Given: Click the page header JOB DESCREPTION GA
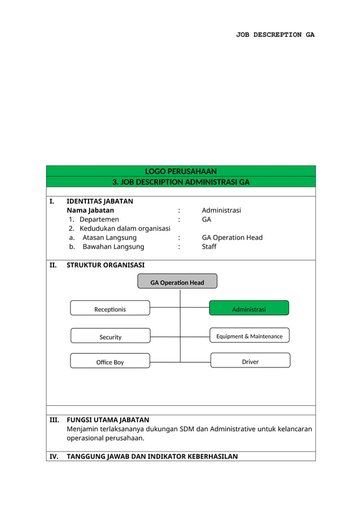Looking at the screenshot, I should coord(275,35).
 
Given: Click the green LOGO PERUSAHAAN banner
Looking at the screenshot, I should coord(181,171).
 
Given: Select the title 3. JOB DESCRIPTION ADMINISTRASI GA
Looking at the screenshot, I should coord(181,182).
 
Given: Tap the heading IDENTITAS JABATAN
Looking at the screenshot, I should coord(100,201).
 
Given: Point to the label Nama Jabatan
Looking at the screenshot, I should coord(90,210).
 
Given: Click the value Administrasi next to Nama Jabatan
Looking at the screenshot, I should coord(221,210).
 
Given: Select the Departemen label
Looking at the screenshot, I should coord(99,219).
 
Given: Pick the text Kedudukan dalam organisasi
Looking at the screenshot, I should coord(124,228).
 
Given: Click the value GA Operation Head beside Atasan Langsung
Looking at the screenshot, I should coord(232,238).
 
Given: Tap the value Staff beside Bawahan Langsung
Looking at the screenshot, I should coord(209,247).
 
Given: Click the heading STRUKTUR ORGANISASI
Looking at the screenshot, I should coord(106,265).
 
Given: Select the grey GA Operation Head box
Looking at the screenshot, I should coord(177,282).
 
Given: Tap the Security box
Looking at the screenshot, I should coord(110,336).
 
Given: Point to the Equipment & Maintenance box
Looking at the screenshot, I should coord(249,336).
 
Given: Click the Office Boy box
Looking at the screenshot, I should coord(110,361).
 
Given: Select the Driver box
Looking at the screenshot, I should coord(250,361).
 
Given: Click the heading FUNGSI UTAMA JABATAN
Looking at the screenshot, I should coord(108,420).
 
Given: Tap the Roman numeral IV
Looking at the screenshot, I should coord(54,457).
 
